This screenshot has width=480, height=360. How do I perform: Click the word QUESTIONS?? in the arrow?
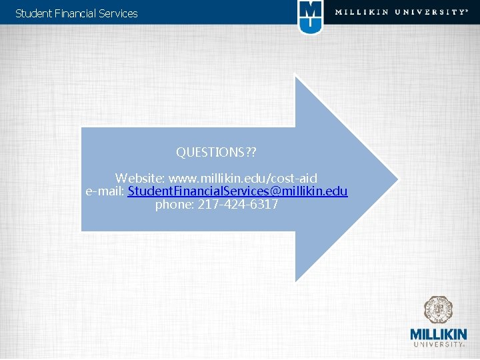pos(216,152)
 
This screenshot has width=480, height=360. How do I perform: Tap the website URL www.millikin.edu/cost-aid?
pos(243,179)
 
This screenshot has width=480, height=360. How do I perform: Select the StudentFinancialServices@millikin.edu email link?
pos(237,191)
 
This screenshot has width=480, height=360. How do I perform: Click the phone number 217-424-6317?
pos(238,205)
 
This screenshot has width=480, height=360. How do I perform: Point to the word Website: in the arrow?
pos(140,179)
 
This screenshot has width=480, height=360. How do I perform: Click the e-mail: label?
pos(105,191)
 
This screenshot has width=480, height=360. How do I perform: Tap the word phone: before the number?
pos(175,205)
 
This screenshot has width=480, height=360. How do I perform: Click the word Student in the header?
pos(31,13)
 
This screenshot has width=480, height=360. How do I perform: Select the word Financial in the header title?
pos(73,13)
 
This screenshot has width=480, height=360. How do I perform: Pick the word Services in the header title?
pos(118,13)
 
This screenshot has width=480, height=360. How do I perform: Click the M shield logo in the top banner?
pos(310,17)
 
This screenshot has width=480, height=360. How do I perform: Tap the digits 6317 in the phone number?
pos(265,205)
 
